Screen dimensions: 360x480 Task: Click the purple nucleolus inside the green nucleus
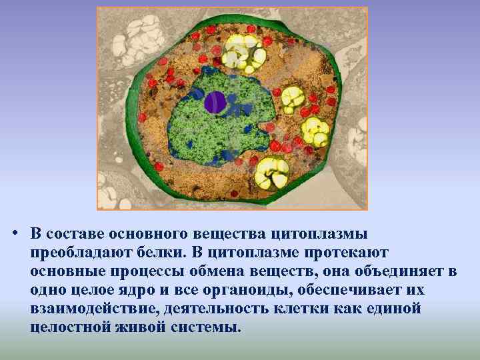point(215,102)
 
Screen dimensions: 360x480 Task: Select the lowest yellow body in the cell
point(271,173)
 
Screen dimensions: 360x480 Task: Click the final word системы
point(206,328)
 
